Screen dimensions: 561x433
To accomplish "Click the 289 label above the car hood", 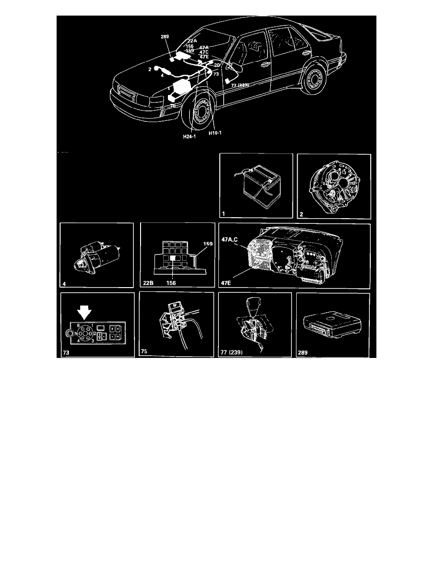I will coord(165,36).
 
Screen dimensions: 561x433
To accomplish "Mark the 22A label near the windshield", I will coord(192,41).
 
